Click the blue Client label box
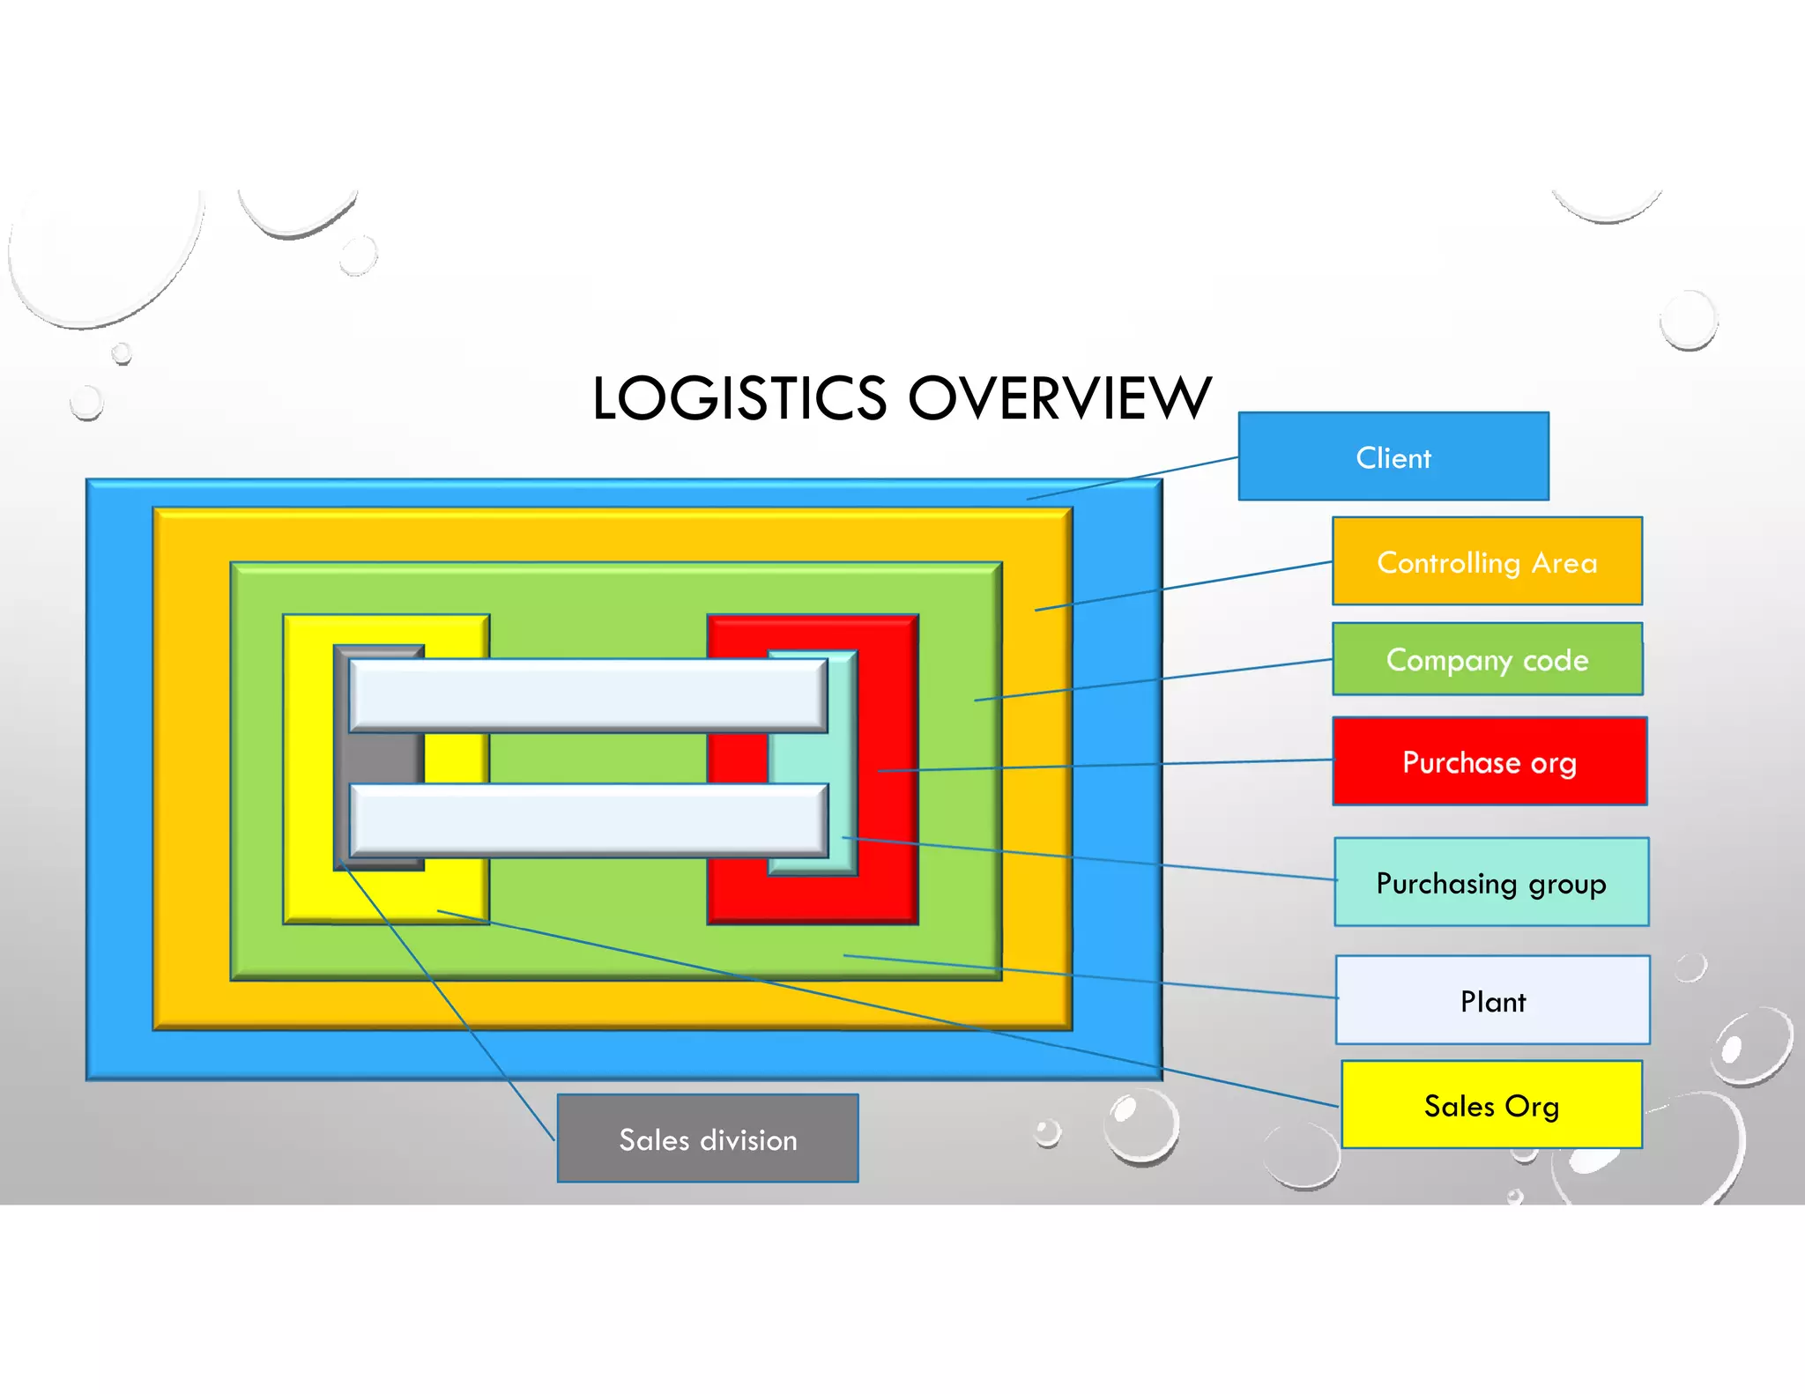point(1393,456)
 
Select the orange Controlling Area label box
point(1487,561)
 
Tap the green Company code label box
point(1487,659)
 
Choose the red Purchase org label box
point(1489,761)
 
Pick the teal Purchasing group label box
point(1490,882)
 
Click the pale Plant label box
point(1492,1000)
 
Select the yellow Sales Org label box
point(1491,1105)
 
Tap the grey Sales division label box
point(708,1138)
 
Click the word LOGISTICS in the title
point(739,398)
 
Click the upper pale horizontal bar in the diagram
point(588,695)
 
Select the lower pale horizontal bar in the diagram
point(588,819)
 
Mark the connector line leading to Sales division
point(447,1000)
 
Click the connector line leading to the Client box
point(1133,478)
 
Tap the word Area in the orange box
point(1564,562)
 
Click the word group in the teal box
point(1567,884)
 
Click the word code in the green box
point(1556,660)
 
